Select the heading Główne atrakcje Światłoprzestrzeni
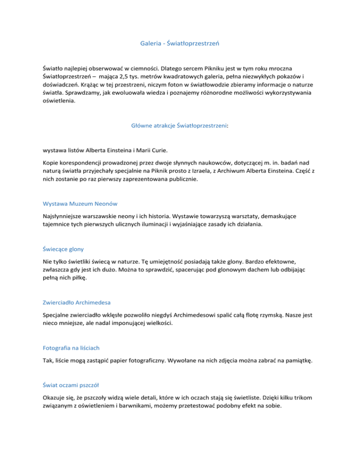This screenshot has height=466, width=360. click(180, 125)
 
